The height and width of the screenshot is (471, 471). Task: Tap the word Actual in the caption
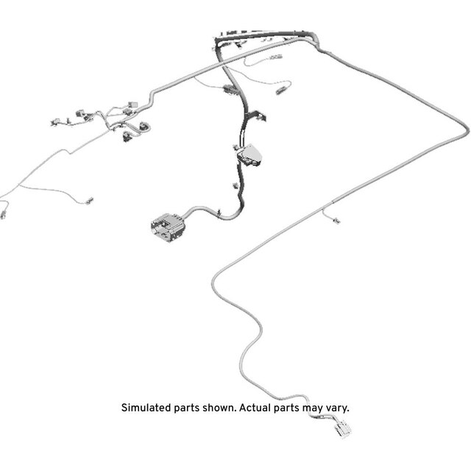point(255,408)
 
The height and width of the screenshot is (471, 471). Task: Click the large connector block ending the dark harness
point(168,227)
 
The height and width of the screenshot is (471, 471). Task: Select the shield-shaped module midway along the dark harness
point(249,155)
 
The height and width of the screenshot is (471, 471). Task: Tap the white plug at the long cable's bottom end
point(341,428)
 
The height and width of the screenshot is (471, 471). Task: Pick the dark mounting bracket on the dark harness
point(256,116)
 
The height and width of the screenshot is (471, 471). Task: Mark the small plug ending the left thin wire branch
point(89,201)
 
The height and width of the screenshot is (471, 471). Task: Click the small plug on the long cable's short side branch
point(337,221)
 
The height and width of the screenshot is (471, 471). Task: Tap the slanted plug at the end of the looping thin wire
point(282,90)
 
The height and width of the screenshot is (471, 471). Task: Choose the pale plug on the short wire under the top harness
point(277,57)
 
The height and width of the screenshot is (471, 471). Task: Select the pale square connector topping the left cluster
point(132,105)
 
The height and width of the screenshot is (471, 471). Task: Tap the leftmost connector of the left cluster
point(55,122)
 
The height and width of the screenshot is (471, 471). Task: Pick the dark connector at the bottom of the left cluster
point(126,137)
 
